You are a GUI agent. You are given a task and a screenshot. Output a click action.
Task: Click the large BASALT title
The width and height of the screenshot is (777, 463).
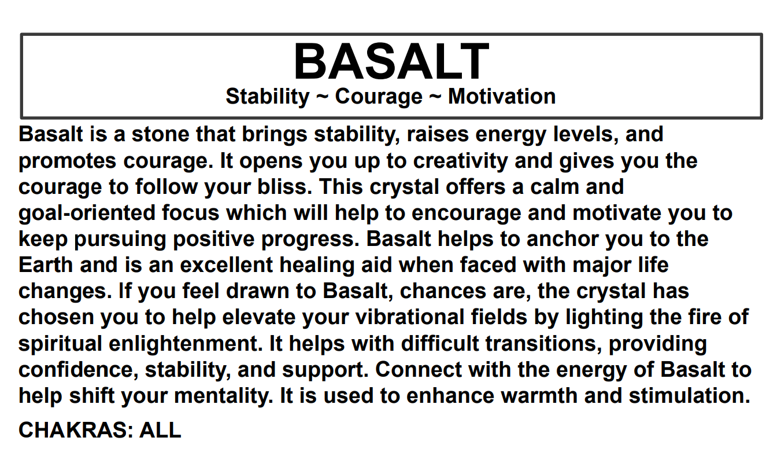click(x=391, y=62)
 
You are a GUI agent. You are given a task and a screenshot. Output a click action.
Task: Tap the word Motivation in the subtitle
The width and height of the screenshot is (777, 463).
click(x=502, y=96)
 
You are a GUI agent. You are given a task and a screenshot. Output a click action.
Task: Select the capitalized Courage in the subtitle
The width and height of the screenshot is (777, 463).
click(x=379, y=96)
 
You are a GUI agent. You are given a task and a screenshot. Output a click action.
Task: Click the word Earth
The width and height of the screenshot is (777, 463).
click(x=46, y=265)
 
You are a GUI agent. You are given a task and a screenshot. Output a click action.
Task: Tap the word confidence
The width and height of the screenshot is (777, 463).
click(x=77, y=370)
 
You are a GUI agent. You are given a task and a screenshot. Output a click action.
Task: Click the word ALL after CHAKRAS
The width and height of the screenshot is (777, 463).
click(x=161, y=429)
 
